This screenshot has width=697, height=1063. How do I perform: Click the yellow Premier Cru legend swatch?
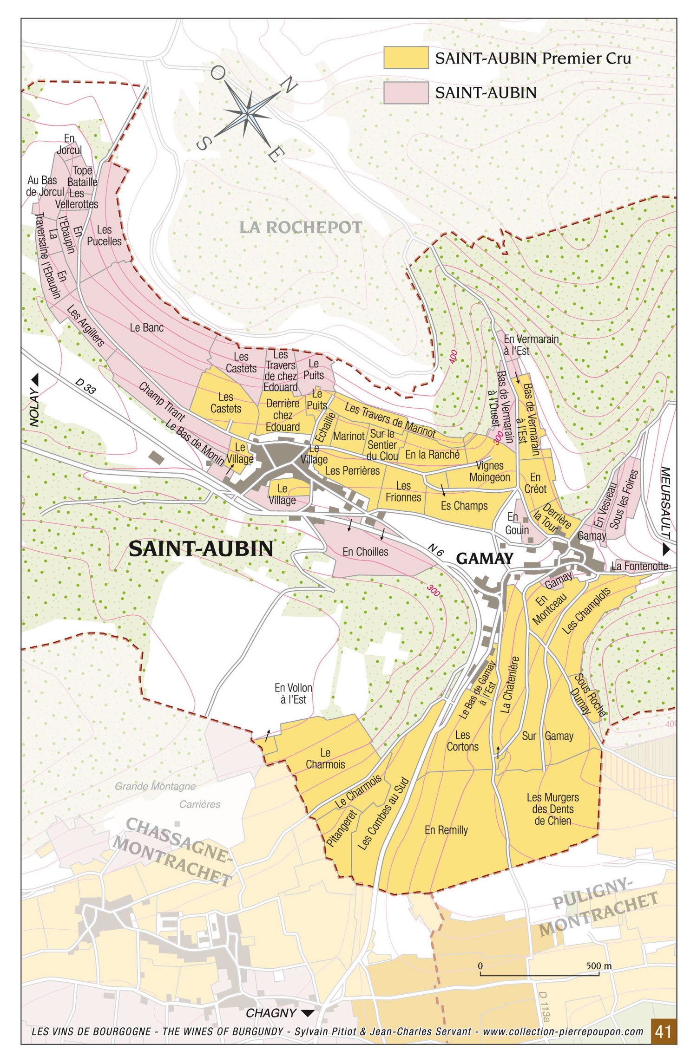click(x=406, y=58)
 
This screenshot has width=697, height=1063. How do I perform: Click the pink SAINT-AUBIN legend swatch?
click(x=406, y=92)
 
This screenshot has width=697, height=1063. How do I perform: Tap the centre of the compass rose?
click(x=248, y=113)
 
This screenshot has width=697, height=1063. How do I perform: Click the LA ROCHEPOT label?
click(x=300, y=228)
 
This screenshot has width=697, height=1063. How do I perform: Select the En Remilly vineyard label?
click(x=446, y=830)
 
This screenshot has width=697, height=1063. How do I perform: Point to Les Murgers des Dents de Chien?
click(x=552, y=809)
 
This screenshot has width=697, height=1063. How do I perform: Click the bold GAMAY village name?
click(x=485, y=558)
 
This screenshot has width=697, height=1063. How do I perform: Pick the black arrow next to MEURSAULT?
click(x=666, y=549)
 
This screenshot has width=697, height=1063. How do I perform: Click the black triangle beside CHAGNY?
click(x=308, y=1013)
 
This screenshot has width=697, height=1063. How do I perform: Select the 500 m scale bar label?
click(x=598, y=966)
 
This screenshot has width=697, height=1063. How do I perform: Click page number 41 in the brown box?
click(x=663, y=1031)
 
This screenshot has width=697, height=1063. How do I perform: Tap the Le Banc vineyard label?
click(x=147, y=327)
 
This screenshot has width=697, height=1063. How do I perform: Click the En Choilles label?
click(x=365, y=552)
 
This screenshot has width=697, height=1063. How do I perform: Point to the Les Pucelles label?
click(x=104, y=235)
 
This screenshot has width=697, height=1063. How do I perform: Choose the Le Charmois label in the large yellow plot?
click(x=325, y=758)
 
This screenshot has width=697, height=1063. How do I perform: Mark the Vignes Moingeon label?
click(x=489, y=471)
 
